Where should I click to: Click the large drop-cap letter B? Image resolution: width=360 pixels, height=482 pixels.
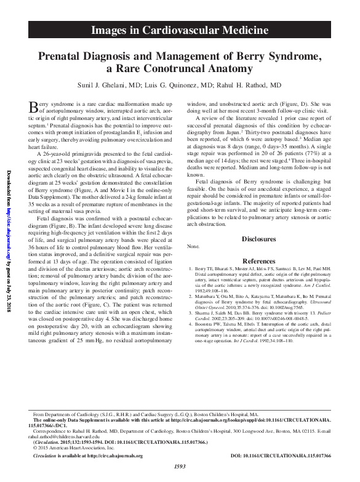click(34, 108)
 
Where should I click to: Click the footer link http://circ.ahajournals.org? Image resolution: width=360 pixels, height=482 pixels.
click(115, 456)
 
